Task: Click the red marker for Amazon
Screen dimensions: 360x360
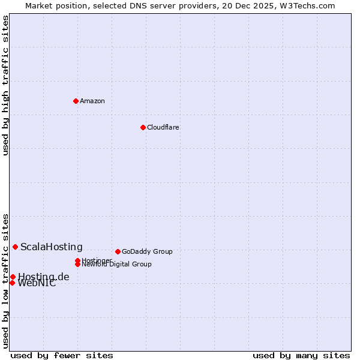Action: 76,101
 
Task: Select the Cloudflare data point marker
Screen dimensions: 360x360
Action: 143,127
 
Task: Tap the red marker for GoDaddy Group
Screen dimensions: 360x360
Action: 118,251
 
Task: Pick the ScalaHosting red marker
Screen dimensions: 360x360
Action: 15,247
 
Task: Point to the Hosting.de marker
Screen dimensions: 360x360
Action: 13,277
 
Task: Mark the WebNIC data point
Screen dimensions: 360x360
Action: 12,283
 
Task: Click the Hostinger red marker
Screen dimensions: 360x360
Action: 77,260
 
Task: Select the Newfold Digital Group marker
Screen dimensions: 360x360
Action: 77,264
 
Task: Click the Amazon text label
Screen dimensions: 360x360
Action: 92,101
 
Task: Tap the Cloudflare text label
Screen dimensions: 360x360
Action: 163,127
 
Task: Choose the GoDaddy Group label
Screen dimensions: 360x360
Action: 147,251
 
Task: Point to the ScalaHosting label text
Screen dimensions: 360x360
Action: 52,247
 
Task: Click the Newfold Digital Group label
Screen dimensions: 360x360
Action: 116,265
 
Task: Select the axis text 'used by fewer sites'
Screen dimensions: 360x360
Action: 62,355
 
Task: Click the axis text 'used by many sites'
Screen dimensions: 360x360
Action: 301,355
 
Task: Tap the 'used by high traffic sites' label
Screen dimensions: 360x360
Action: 5,85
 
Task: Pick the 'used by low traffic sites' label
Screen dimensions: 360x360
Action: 5,281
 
